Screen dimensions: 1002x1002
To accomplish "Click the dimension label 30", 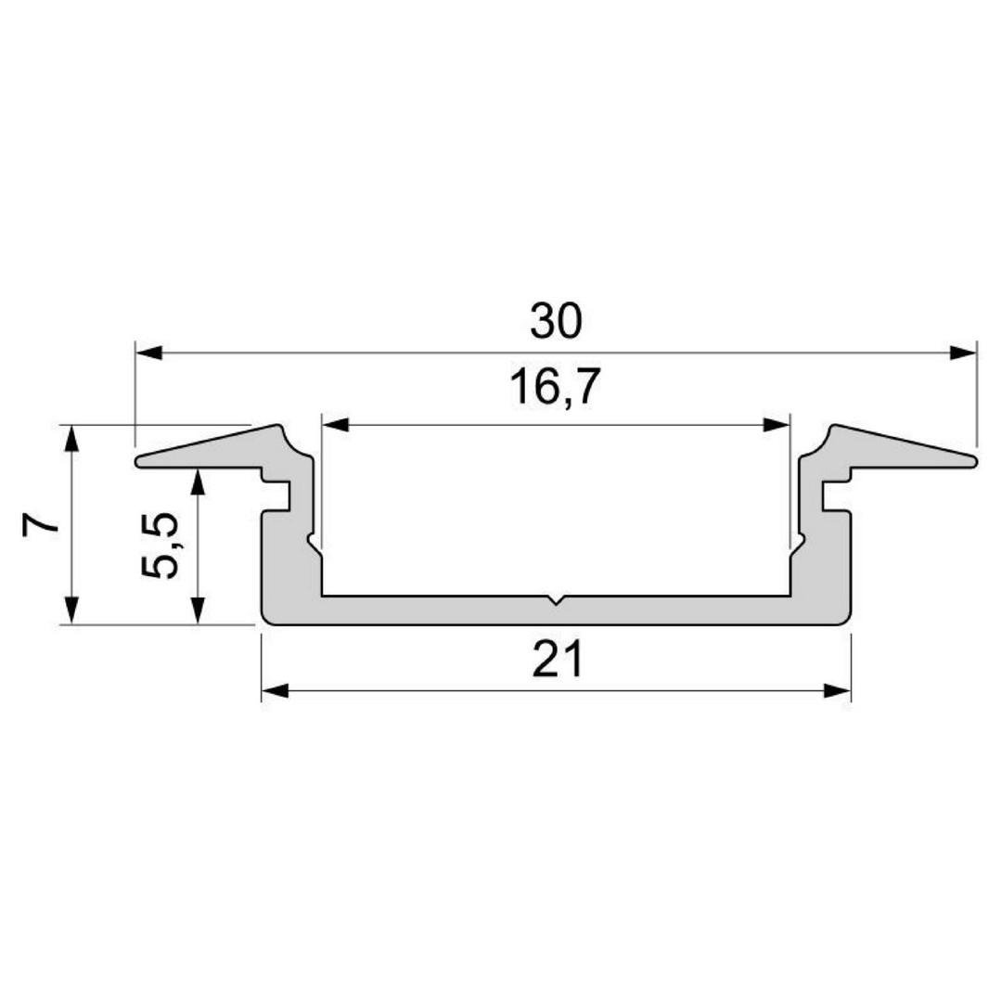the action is coord(556,321).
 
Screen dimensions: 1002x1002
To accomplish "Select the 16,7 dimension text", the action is coord(555,387).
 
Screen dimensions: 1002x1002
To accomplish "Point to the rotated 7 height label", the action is coord(41,523).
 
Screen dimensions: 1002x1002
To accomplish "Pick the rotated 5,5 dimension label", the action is coord(160,545).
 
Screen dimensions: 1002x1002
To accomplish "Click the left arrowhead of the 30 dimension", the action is coord(148,353).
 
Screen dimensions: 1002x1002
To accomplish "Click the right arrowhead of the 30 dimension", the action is coord(964,353).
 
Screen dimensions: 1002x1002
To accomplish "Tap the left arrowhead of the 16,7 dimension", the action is coord(336,425).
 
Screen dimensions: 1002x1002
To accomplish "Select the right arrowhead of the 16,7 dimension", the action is coord(777,425).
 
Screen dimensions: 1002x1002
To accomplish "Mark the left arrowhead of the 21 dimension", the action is coord(275,691).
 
